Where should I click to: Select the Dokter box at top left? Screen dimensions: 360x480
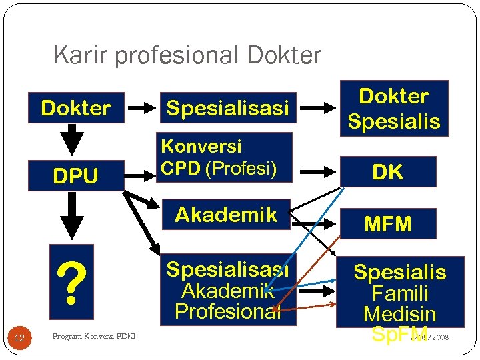(76, 108)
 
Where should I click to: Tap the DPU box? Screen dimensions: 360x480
(76, 176)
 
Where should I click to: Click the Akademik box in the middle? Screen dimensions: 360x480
(226, 215)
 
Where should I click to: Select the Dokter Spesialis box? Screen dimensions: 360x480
(394, 109)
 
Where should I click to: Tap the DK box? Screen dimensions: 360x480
(387, 172)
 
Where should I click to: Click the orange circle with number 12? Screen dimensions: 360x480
(19, 339)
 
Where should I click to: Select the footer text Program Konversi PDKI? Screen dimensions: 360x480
(93, 336)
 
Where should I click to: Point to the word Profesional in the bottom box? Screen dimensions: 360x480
(226, 311)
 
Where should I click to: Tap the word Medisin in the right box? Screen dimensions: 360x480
(400, 313)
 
